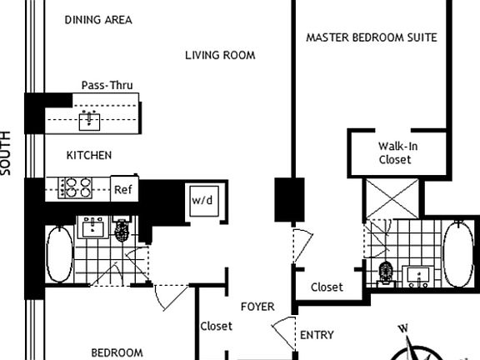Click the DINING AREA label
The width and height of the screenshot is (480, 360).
tap(97, 20)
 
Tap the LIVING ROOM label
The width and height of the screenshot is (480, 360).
tap(219, 56)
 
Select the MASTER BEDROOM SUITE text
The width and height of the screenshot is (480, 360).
tap(371, 37)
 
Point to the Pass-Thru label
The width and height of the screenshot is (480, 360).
tap(107, 85)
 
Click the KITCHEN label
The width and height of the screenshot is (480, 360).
tap(89, 155)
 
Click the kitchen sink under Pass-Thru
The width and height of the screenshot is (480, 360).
tap(89, 122)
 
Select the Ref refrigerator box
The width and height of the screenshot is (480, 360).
tap(123, 189)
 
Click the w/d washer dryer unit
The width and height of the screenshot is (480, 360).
tap(202, 201)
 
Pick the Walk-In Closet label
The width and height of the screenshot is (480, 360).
tap(395, 152)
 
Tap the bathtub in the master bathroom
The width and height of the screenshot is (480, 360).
tap(457, 254)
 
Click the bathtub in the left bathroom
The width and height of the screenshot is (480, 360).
tap(57, 253)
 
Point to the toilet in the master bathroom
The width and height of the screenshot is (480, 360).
tap(385, 272)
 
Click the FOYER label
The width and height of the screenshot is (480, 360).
tap(257, 307)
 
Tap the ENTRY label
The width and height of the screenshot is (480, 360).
tap(317, 336)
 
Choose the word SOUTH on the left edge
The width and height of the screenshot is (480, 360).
tap(7, 152)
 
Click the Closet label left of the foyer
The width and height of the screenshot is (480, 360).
tap(216, 327)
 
